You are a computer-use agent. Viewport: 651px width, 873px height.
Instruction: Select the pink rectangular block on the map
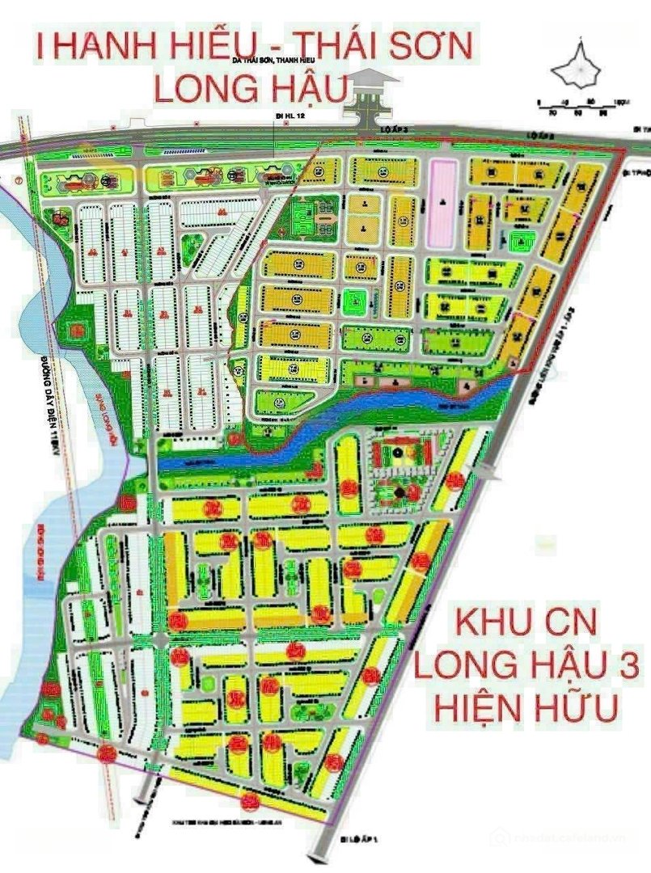tap(442, 204)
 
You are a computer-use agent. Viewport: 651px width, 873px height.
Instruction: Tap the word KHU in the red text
tap(492, 624)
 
